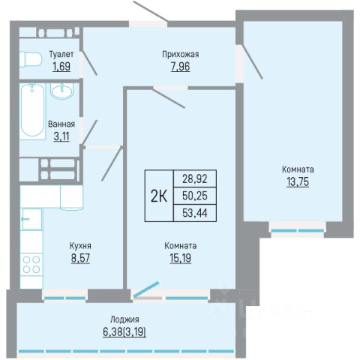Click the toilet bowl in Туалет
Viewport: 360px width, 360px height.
(x=30, y=59)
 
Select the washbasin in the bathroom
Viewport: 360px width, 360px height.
(x=62, y=90)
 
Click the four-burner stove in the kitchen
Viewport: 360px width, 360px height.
(x=31, y=265)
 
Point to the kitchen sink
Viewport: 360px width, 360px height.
(x=32, y=219)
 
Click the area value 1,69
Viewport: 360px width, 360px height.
(x=61, y=67)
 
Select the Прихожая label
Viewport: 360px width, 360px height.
(x=181, y=54)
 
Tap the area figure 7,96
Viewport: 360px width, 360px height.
(x=181, y=67)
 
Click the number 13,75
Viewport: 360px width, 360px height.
(x=298, y=181)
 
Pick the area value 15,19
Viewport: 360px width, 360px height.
(x=181, y=258)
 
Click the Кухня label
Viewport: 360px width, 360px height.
(x=80, y=246)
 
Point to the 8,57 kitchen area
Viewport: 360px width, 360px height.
(x=80, y=258)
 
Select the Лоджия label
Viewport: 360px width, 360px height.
(x=124, y=319)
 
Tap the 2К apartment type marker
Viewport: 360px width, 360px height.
(x=159, y=196)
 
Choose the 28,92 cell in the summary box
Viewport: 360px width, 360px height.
(x=195, y=179)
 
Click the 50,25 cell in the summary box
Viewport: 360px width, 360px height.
(x=195, y=196)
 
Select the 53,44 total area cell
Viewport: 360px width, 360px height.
(x=195, y=213)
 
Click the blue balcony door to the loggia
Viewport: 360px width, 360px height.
(x=146, y=289)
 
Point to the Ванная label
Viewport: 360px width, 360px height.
(x=61, y=124)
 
